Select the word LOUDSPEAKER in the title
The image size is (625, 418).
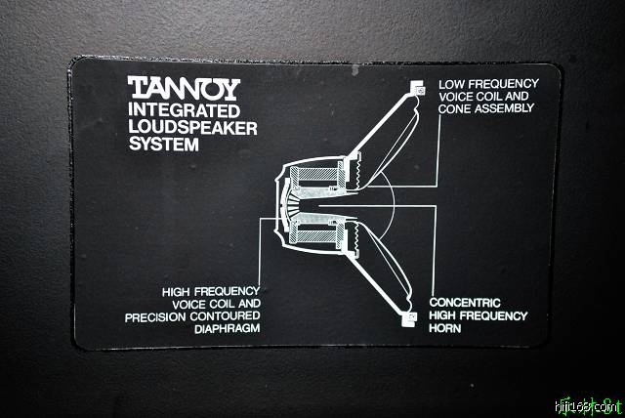point(192,128)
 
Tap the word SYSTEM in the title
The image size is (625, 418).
point(163,146)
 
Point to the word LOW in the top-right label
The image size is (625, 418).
point(451,84)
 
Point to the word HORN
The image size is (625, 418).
point(447,328)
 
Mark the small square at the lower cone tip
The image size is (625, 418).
point(411,317)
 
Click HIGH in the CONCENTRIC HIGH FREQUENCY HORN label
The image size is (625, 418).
point(444,315)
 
